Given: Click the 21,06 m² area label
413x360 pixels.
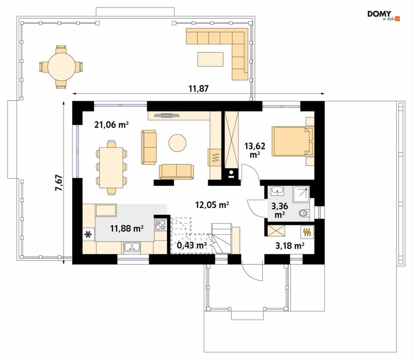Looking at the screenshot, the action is [111, 125].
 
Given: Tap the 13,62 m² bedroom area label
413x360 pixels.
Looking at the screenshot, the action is [255, 150].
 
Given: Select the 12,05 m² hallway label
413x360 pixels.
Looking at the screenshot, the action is [212, 205].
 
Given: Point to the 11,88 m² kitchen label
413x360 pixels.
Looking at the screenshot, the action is [127, 228].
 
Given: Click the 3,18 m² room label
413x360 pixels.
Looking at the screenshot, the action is [290, 246].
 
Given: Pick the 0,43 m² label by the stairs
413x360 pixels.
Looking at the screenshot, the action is [192, 245].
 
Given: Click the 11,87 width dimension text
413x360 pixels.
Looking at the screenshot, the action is [198, 88].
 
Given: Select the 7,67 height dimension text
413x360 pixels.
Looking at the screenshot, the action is [59, 183].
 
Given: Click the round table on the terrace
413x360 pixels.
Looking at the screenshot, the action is [61, 67].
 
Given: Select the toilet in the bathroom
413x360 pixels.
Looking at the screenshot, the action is [304, 213].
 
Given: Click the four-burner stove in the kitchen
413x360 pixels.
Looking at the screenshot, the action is [160, 225].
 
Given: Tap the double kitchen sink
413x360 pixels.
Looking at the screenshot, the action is [132, 247].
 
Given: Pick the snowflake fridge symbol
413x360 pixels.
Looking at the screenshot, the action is [88, 234].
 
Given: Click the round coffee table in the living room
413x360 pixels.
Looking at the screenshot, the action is [178, 143].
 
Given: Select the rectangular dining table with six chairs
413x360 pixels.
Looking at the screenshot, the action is [111, 168].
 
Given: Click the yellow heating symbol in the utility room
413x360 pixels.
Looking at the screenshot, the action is [308, 232].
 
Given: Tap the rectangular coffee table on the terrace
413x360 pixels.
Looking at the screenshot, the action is [210, 59].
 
